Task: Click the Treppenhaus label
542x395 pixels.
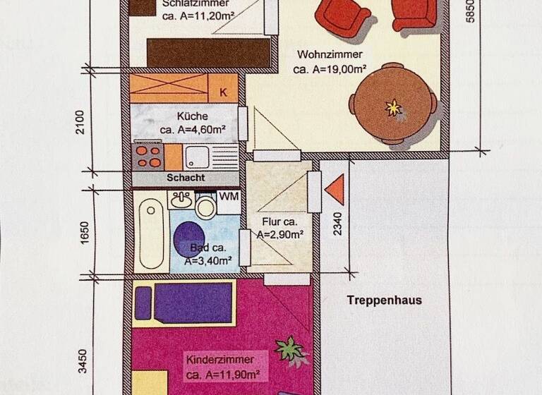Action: point(384,300)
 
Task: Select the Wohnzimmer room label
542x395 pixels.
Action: point(330,54)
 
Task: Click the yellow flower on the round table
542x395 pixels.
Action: point(392,107)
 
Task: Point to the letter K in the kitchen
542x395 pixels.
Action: point(223,92)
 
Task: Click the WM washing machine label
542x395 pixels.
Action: point(228,197)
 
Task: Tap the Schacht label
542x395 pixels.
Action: point(187,178)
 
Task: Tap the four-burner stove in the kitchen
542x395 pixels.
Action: point(148,155)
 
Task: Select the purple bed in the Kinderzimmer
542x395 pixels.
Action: point(185,301)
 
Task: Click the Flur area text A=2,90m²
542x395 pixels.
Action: point(280,235)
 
